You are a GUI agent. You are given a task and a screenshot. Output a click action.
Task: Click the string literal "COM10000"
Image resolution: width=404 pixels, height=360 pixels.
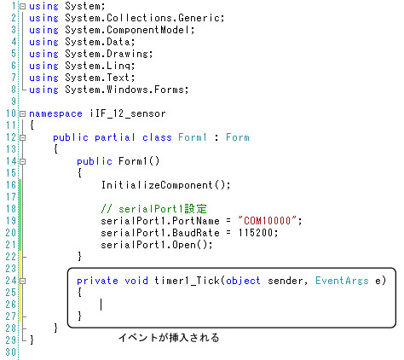tap(268, 221)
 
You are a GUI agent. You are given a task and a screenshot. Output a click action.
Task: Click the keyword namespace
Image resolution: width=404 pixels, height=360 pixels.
tap(55, 113)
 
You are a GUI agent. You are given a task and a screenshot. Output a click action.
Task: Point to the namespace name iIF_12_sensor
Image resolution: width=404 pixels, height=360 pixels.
tap(128, 113)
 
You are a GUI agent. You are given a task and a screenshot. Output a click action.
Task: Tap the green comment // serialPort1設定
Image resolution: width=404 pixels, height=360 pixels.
tap(153, 209)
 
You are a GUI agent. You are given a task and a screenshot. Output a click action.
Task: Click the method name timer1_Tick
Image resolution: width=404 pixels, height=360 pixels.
tap(188, 281)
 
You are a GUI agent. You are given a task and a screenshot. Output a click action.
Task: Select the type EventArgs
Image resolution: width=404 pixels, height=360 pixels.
tap(342, 281)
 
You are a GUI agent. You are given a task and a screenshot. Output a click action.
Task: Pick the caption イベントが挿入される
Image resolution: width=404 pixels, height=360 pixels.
tap(169, 338)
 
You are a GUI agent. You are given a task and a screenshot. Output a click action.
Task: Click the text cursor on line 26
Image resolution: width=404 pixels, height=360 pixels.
tap(101, 305)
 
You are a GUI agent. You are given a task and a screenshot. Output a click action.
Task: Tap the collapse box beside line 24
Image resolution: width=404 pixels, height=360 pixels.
tap(22, 281)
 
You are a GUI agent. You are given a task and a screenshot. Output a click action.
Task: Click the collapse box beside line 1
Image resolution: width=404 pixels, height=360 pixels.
tap(22, 6)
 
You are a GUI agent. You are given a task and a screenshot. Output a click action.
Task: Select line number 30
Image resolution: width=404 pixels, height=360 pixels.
tap(11, 352)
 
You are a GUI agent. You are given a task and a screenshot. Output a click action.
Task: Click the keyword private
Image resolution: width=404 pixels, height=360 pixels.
tap(97, 281)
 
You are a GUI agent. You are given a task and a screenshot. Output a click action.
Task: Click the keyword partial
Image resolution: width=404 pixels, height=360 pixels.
tap(115, 137)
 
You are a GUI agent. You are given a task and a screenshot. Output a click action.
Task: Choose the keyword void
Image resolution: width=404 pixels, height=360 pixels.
tap(136, 281)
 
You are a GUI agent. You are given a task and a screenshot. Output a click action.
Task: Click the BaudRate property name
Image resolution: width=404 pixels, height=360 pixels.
tap(196, 233)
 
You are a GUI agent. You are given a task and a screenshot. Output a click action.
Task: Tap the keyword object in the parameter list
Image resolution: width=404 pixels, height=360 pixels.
tap(243, 281)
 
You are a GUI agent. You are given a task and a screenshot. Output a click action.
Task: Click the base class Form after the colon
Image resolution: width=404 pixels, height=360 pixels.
tap(238, 137)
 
